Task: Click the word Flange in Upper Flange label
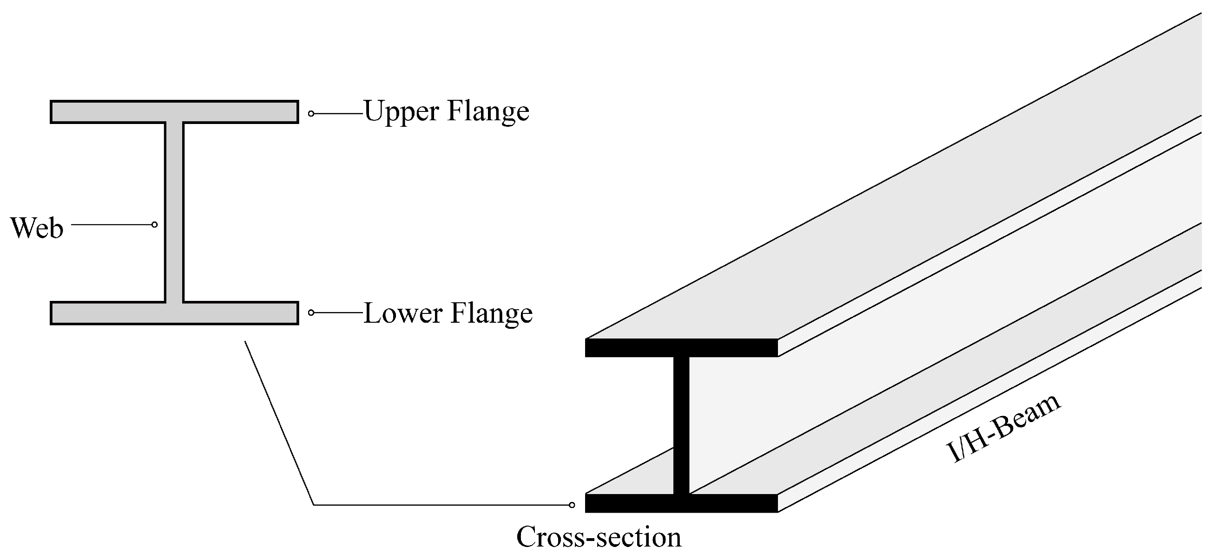pyautogui.click(x=488, y=112)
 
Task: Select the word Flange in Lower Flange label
pyautogui.click(x=491, y=313)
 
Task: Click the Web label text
pyautogui.click(x=37, y=228)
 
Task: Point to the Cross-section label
pyautogui.click(x=599, y=536)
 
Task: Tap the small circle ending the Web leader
pyautogui.click(x=154, y=225)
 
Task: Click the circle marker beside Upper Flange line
pyautogui.click(x=311, y=113)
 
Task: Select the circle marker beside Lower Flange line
pyautogui.click(x=311, y=313)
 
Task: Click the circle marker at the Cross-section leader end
pyautogui.click(x=572, y=505)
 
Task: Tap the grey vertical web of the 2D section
pyautogui.click(x=174, y=212)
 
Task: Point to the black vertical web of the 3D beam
pyautogui.click(x=681, y=423)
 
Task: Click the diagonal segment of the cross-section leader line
pyautogui.click(x=279, y=423)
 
